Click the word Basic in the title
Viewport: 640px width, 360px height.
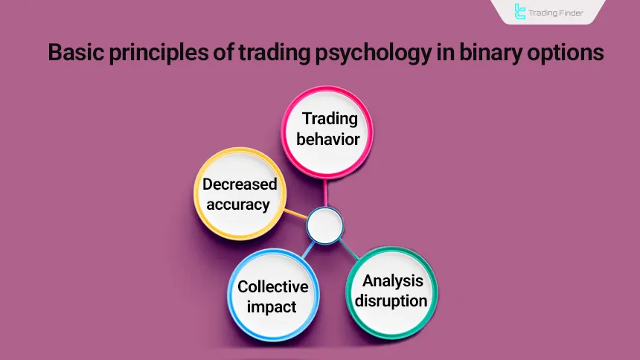(74, 55)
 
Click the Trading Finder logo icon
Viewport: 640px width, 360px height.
(519, 12)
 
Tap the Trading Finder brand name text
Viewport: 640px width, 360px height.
(558, 12)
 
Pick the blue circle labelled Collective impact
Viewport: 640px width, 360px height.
(272, 296)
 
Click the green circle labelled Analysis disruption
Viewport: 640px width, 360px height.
(391, 290)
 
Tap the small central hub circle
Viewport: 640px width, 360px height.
(324, 225)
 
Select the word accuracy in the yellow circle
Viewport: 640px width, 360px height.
(237, 204)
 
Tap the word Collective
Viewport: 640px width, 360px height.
(272, 286)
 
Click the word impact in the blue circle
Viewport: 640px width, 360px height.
(272, 306)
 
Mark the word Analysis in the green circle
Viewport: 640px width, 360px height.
(393, 280)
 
